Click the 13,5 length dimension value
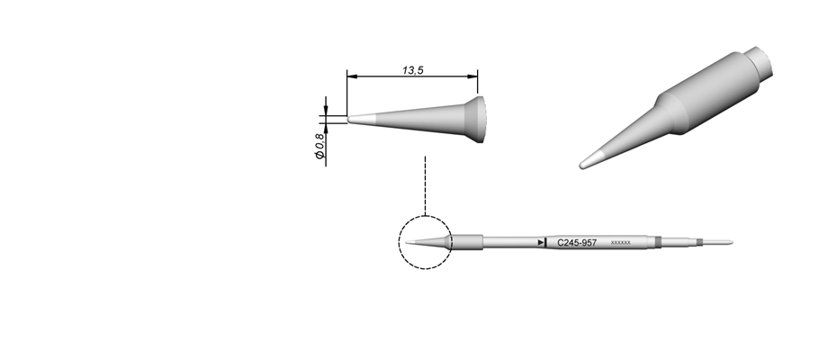point(412,70)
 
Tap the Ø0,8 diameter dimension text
point(319,146)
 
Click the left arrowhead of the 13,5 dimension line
point(352,76)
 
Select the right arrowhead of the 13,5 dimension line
point(472,76)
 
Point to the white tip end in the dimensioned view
point(363,119)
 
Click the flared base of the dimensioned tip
point(475,120)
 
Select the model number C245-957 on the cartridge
point(577,243)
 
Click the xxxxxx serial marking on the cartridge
point(620,243)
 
